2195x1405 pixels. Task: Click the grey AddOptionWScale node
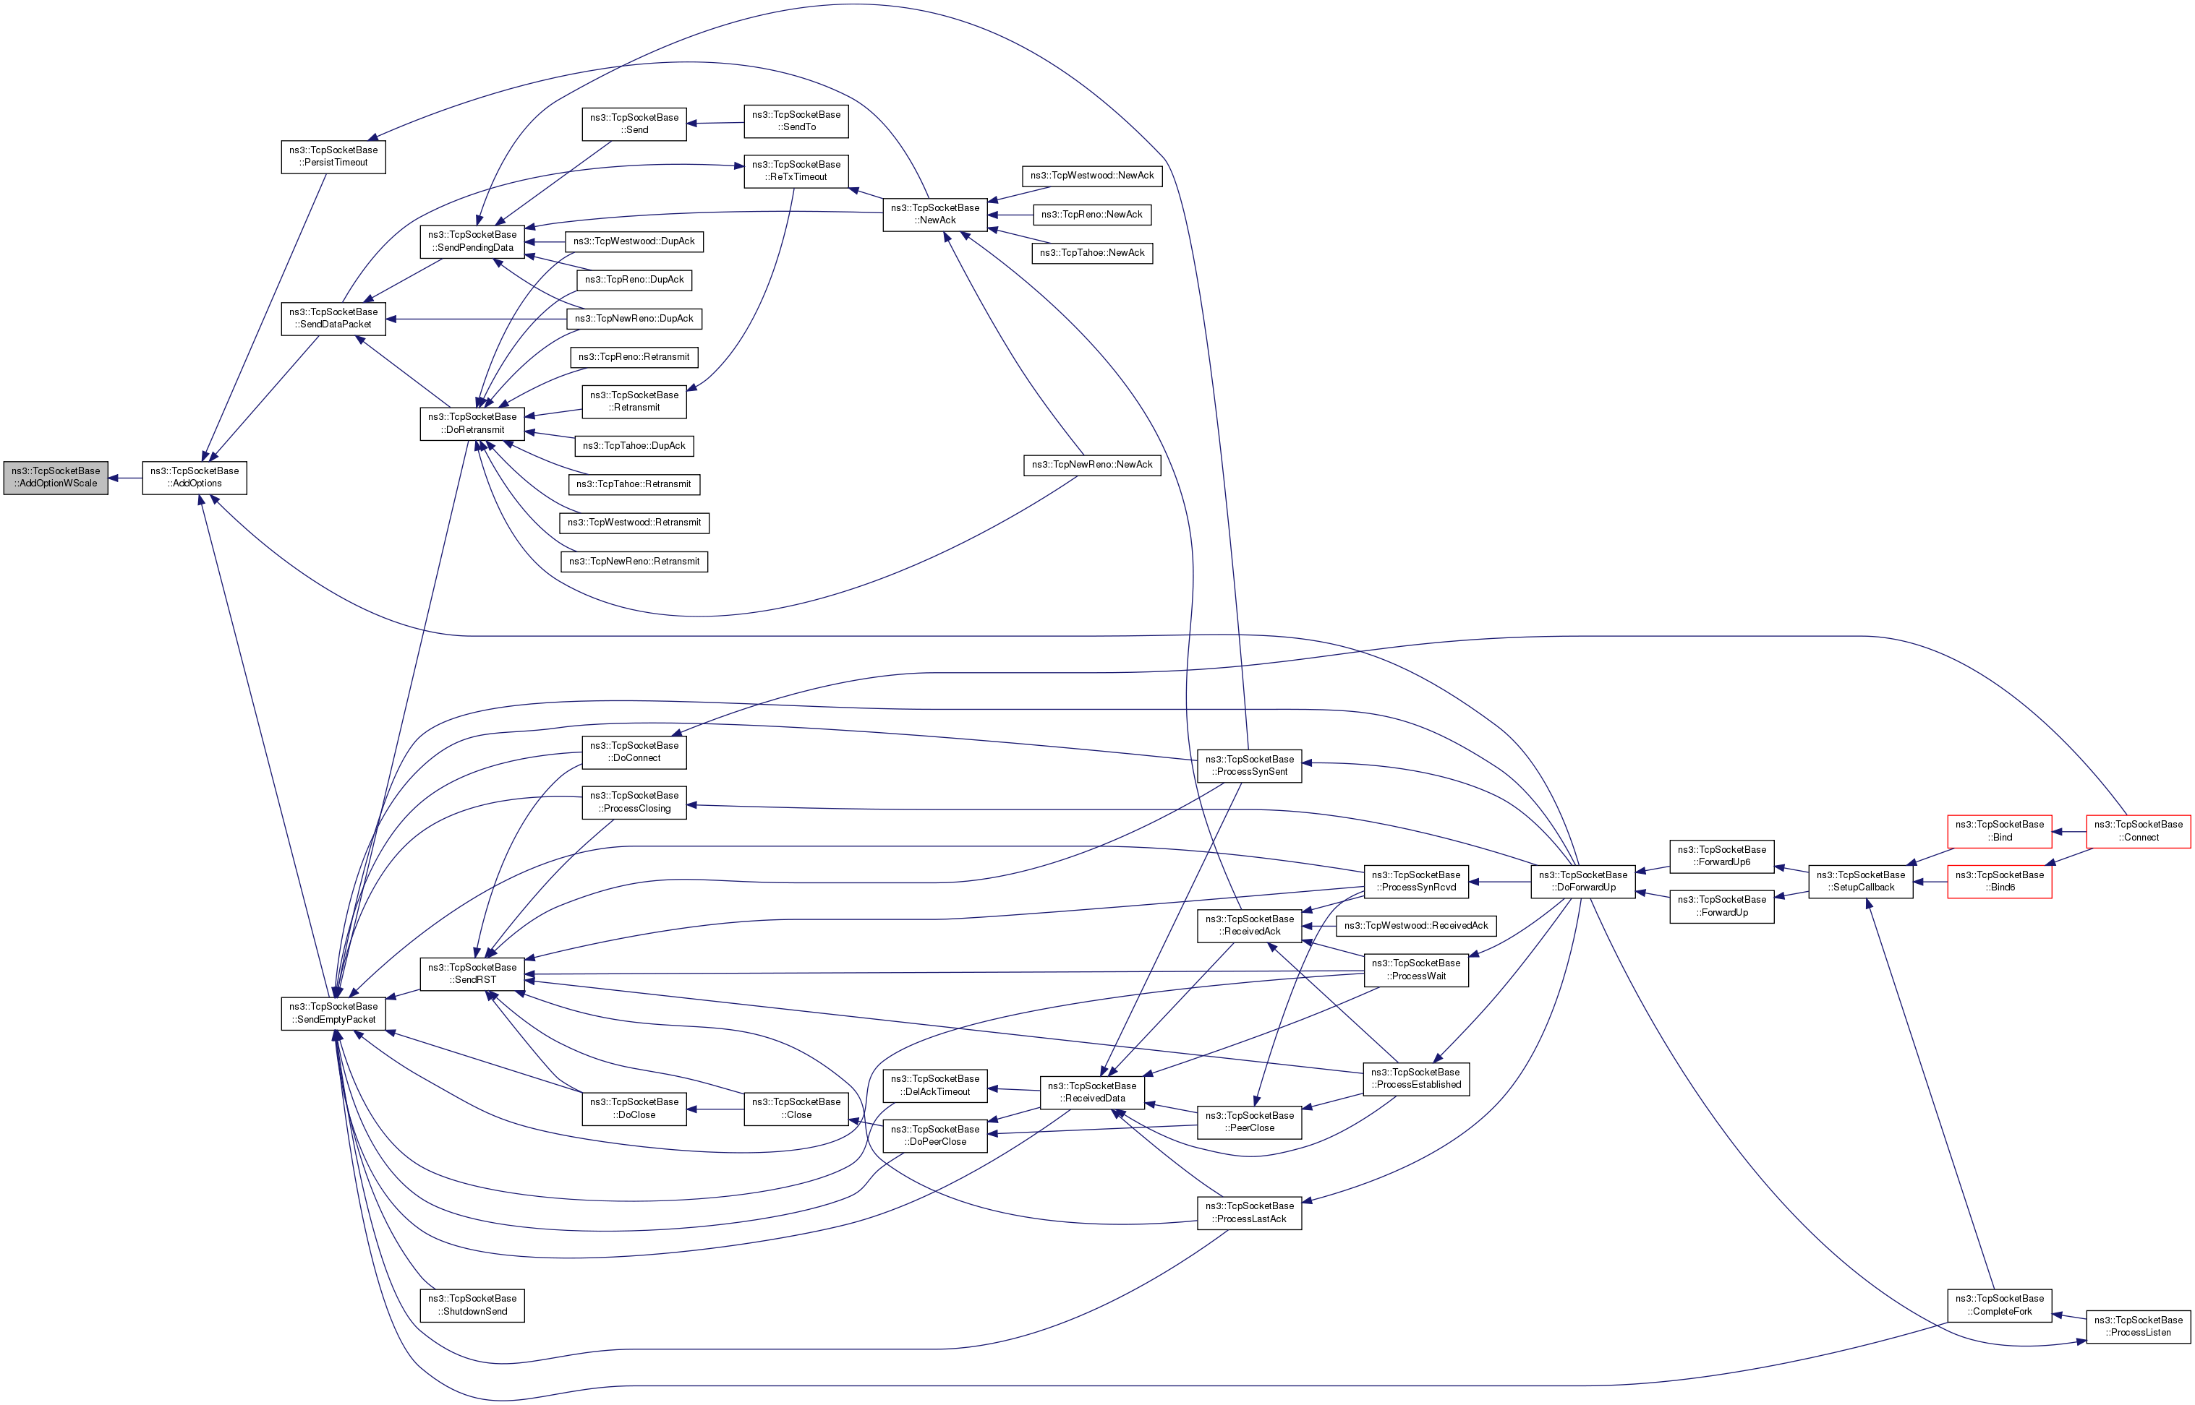56,477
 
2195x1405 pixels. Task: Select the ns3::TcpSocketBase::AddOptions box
195,477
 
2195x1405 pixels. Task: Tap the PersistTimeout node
333,156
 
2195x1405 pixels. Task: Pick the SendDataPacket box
333,319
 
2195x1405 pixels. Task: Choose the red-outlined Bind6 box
1999,881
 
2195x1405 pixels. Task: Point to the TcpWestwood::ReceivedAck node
1415,926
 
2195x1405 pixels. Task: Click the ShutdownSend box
472,1305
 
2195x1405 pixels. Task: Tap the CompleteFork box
1999,1305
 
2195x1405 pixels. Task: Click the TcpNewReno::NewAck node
1091,465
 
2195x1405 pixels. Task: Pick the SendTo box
796,121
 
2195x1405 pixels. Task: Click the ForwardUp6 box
1721,856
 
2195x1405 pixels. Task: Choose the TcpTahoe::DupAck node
634,446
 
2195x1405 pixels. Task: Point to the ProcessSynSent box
1248,765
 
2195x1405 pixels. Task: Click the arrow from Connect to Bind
2069,831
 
